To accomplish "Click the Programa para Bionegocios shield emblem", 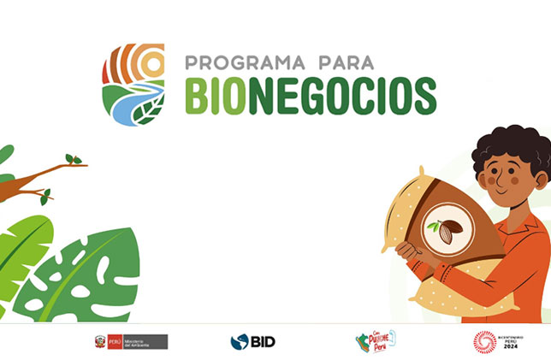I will [133, 83].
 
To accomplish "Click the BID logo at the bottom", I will [252, 342].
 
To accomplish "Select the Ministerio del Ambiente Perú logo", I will [131, 342].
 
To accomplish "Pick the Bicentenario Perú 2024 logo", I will [495, 342].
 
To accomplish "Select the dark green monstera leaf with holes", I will [81, 274].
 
